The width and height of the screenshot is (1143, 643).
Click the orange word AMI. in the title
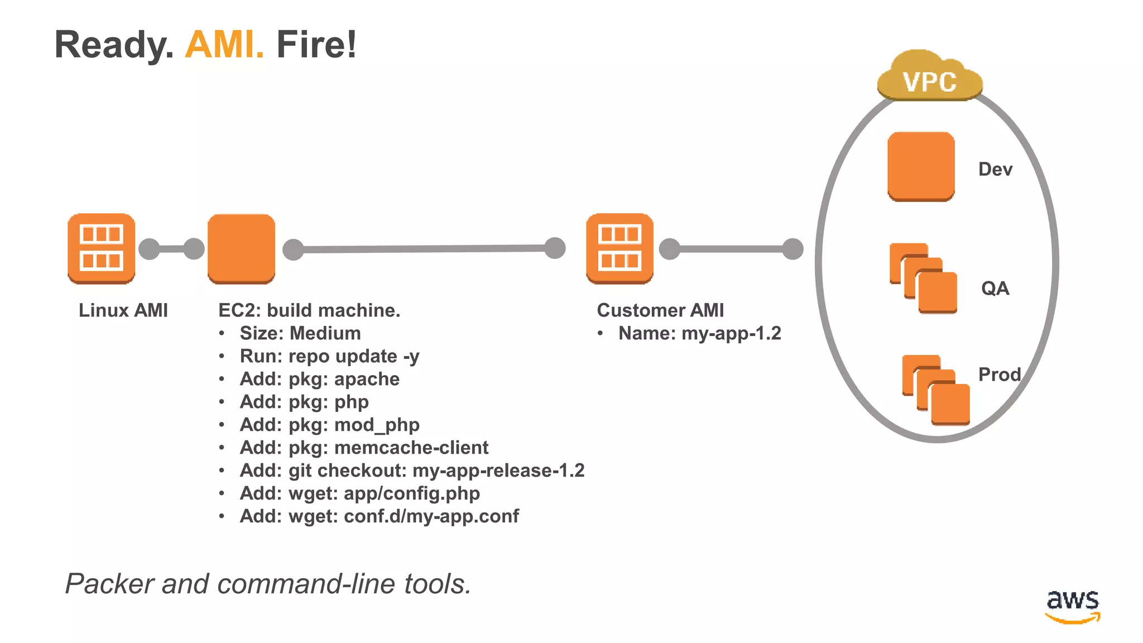click(x=224, y=45)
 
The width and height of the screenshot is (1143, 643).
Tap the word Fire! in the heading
click(x=316, y=45)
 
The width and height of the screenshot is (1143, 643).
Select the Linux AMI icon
click(x=101, y=248)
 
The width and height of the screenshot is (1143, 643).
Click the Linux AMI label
click(x=123, y=310)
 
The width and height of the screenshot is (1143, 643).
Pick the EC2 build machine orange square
click(x=241, y=248)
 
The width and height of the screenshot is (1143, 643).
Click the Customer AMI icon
click(x=619, y=248)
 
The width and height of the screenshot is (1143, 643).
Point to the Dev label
click(x=995, y=169)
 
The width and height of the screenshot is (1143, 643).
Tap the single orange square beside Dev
click(x=921, y=166)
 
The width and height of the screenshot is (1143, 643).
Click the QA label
click(x=995, y=289)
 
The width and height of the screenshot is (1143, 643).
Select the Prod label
click(x=1000, y=375)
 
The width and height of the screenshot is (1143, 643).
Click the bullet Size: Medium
click(x=300, y=333)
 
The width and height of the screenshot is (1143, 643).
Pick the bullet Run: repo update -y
click(x=329, y=356)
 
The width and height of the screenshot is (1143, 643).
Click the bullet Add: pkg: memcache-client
click(x=364, y=448)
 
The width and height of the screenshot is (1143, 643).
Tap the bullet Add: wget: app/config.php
click(x=359, y=493)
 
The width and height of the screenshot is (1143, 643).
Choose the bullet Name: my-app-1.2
click(x=699, y=333)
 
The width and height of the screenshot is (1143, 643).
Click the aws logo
click(x=1072, y=606)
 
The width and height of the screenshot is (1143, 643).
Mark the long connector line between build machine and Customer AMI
click(x=424, y=249)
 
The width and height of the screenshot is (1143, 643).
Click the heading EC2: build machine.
click(x=309, y=310)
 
